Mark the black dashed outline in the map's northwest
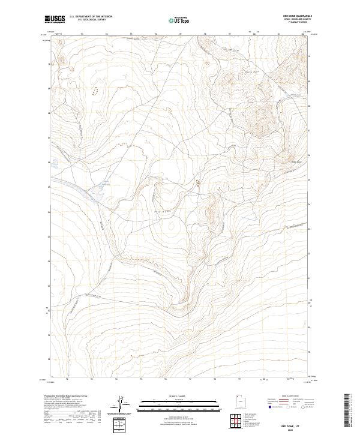(94, 91)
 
